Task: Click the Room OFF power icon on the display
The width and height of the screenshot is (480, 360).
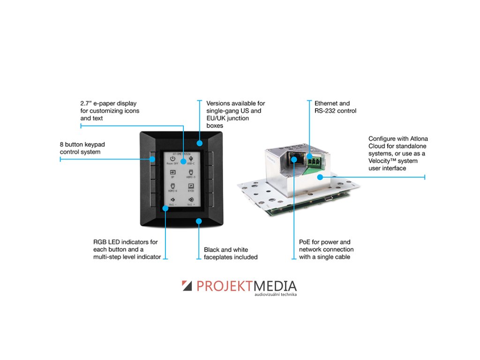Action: tap(172, 159)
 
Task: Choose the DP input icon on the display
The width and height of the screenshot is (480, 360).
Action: tap(172, 173)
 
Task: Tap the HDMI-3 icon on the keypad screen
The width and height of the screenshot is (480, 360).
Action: tap(191, 173)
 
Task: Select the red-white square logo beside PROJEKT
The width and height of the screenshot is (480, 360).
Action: tap(187, 285)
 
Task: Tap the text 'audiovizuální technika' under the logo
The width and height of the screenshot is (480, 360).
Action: tap(276, 295)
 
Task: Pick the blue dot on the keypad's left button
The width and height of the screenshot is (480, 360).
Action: tap(153, 159)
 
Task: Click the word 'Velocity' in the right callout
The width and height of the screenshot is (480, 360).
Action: tap(380, 161)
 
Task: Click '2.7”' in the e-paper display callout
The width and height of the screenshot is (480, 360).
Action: tap(87, 103)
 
